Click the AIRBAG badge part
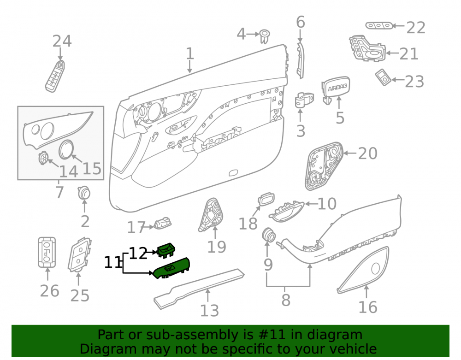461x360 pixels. (336, 89)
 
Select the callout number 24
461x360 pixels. (62, 41)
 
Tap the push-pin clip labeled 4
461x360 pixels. (265, 36)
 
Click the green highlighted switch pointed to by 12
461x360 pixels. (166, 250)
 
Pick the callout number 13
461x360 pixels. (209, 311)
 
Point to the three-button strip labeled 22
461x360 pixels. (379, 26)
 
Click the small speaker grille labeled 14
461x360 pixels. (43, 158)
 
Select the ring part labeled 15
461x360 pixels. (66, 150)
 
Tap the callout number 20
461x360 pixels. (367, 153)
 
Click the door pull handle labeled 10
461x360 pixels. (286, 210)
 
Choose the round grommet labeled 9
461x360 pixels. (268, 235)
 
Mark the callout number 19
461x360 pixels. (217, 247)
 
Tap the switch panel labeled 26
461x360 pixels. (47, 253)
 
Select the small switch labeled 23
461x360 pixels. (384, 77)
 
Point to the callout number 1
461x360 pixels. (190, 54)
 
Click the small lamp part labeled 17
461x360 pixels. (162, 224)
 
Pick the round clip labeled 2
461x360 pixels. (84, 193)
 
